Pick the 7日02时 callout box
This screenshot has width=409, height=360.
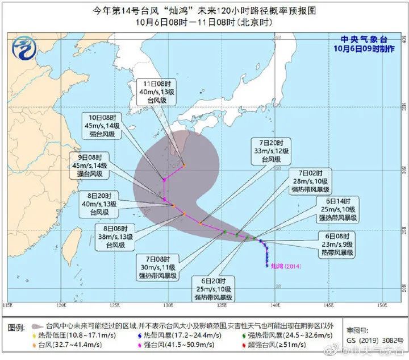click(310, 181)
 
